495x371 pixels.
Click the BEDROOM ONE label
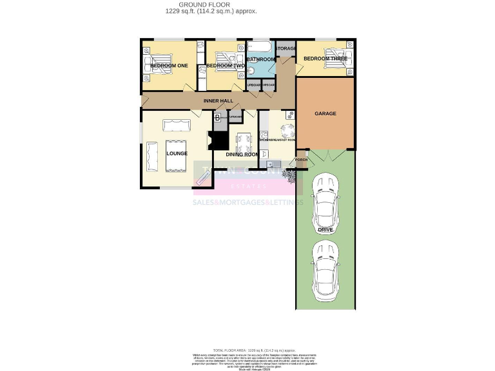coord(169,66)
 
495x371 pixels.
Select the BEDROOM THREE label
coord(325,59)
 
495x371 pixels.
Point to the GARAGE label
coord(325,113)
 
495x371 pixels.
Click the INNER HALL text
coord(218,101)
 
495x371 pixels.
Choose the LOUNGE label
coord(177,153)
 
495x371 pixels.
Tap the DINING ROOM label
coord(242,155)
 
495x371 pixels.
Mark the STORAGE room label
coord(286,49)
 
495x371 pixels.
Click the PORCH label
coord(300,160)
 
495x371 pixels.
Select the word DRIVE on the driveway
coord(325,229)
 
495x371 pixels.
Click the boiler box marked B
coord(218,118)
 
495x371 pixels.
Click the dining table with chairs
coord(243,140)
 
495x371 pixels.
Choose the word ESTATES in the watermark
coord(248,187)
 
